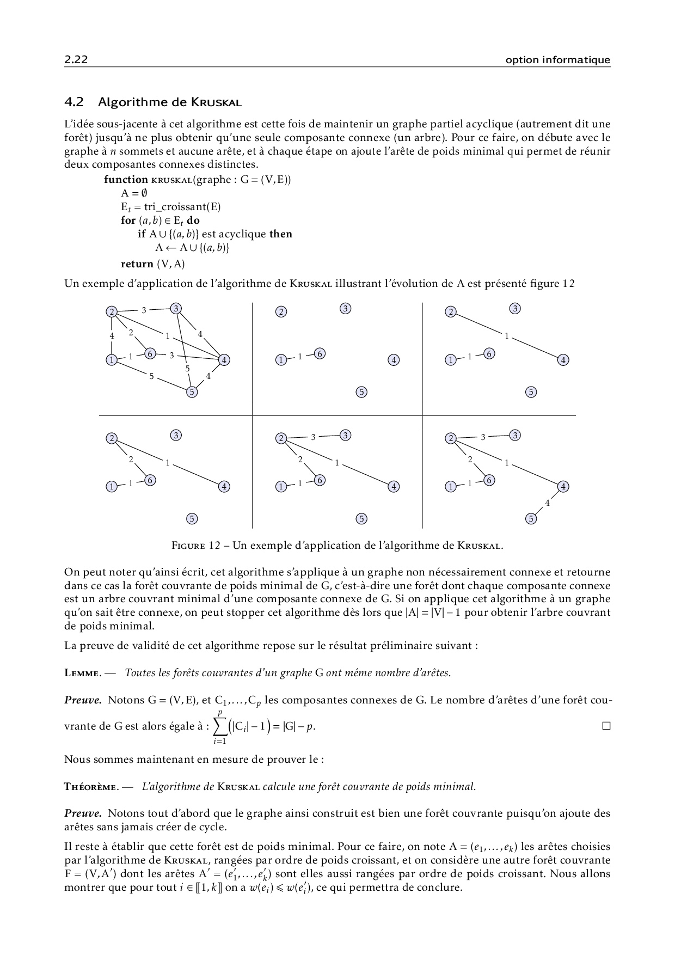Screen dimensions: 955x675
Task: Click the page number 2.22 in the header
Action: [76, 60]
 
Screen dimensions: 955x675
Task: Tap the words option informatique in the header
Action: [557, 60]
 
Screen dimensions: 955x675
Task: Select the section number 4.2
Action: [73, 102]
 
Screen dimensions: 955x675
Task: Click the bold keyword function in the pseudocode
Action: [126, 180]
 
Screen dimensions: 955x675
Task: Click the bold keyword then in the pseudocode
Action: [281, 234]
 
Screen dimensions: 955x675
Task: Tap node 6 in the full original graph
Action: [150, 354]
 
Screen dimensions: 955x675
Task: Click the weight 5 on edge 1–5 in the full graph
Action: [151, 376]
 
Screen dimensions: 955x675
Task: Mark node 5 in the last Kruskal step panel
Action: [531, 519]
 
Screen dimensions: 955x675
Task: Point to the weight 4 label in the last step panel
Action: [547, 503]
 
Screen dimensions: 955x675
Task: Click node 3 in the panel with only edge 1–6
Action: [346, 309]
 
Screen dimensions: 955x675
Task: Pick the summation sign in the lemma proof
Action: [220, 726]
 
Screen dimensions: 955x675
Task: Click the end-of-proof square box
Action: [606, 726]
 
